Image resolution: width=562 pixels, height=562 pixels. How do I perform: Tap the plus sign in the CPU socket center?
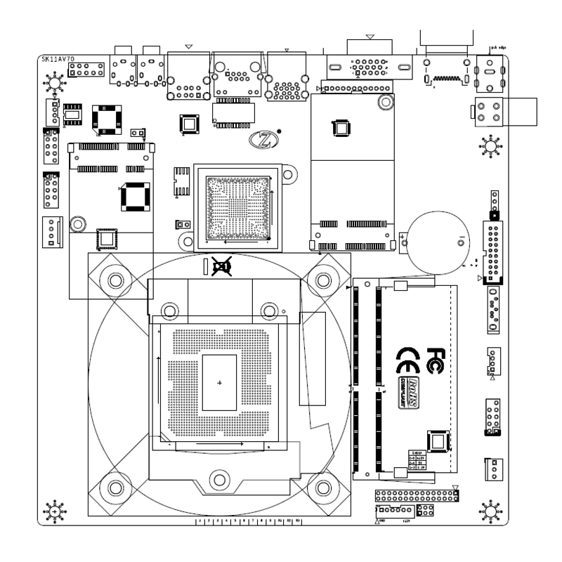click(219, 383)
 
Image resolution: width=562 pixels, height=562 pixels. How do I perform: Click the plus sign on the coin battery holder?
click(403, 237)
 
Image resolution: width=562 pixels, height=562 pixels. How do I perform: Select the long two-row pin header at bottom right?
click(417, 497)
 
